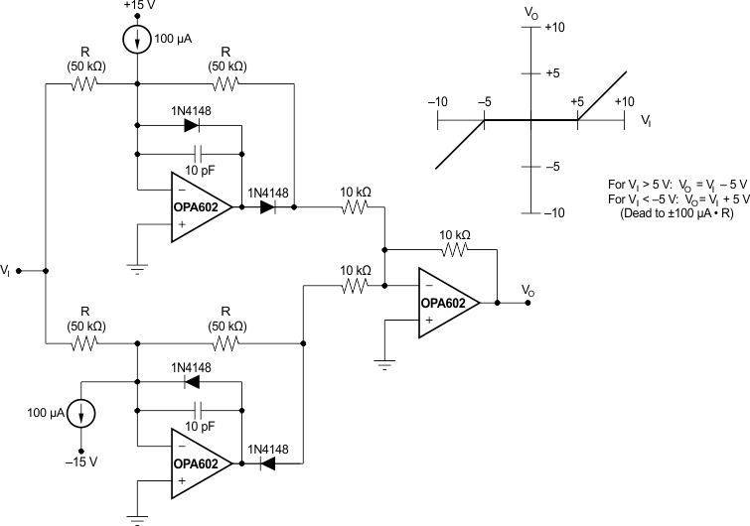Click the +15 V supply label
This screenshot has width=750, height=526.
click(136, 7)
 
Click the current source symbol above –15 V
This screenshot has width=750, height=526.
click(82, 411)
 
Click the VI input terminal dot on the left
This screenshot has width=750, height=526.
click(20, 270)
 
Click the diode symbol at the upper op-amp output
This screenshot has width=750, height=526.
click(266, 207)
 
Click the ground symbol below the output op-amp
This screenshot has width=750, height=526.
click(383, 363)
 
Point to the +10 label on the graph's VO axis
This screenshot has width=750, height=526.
click(554, 28)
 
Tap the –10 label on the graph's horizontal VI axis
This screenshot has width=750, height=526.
click(438, 102)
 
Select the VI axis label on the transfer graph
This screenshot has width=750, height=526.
click(646, 120)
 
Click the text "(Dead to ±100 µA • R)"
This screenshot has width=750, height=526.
click(675, 213)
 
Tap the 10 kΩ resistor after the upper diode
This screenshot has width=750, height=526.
click(357, 207)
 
